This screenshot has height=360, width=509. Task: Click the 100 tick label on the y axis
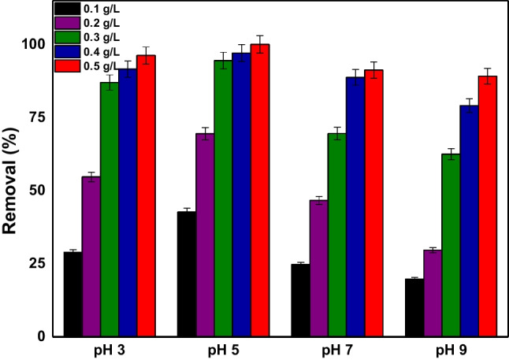pos(35,44)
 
